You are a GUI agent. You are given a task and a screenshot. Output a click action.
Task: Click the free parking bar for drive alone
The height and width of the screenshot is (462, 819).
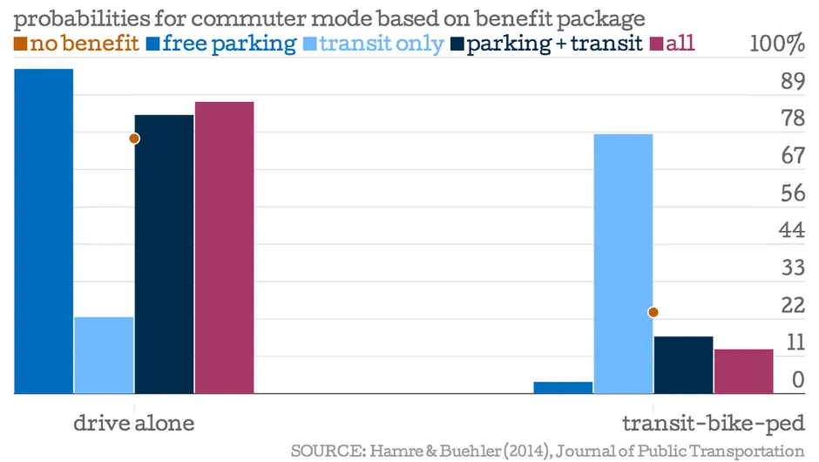pyautogui.click(x=44, y=231)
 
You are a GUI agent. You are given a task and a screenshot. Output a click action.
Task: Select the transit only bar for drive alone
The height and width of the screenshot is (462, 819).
pyautogui.click(x=104, y=355)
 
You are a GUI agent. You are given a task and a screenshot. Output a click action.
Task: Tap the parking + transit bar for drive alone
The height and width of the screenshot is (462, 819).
pyautogui.click(x=164, y=254)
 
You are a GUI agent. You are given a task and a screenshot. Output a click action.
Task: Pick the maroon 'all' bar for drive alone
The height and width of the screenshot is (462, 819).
pyautogui.click(x=224, y=248)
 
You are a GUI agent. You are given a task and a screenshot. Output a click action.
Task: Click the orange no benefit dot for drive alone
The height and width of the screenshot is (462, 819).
pyautogui.click(x=134, y=139)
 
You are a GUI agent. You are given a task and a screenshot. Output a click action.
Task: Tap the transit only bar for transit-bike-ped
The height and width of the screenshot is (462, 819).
pyautogui.click(x=623, y=263)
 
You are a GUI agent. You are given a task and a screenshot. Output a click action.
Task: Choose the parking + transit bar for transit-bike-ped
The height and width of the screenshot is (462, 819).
pyautogui.click(x=683, y=364)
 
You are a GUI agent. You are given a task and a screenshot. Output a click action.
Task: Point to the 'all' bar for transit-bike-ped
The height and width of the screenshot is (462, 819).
pyautogui.click(x=743, y=371)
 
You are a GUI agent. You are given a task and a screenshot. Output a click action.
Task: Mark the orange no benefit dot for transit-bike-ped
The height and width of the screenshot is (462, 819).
pyautogui.click(x=653, y=312)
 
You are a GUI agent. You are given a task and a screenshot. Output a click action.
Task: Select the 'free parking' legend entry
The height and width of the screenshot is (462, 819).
pyautogui.click(x=221, y=44)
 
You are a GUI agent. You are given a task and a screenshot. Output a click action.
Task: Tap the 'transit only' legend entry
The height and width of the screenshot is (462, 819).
pyautogui.click(x=373, y=44)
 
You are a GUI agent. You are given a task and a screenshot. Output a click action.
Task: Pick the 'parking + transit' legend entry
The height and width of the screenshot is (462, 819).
pyautogui.click(x=547, y=44)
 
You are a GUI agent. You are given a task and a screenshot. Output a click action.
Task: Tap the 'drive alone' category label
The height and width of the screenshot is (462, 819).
pyautogui.click(x=133, y=424)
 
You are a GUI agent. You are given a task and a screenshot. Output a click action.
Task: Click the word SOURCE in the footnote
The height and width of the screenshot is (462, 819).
pyautogui.click(x=324, y=451)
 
